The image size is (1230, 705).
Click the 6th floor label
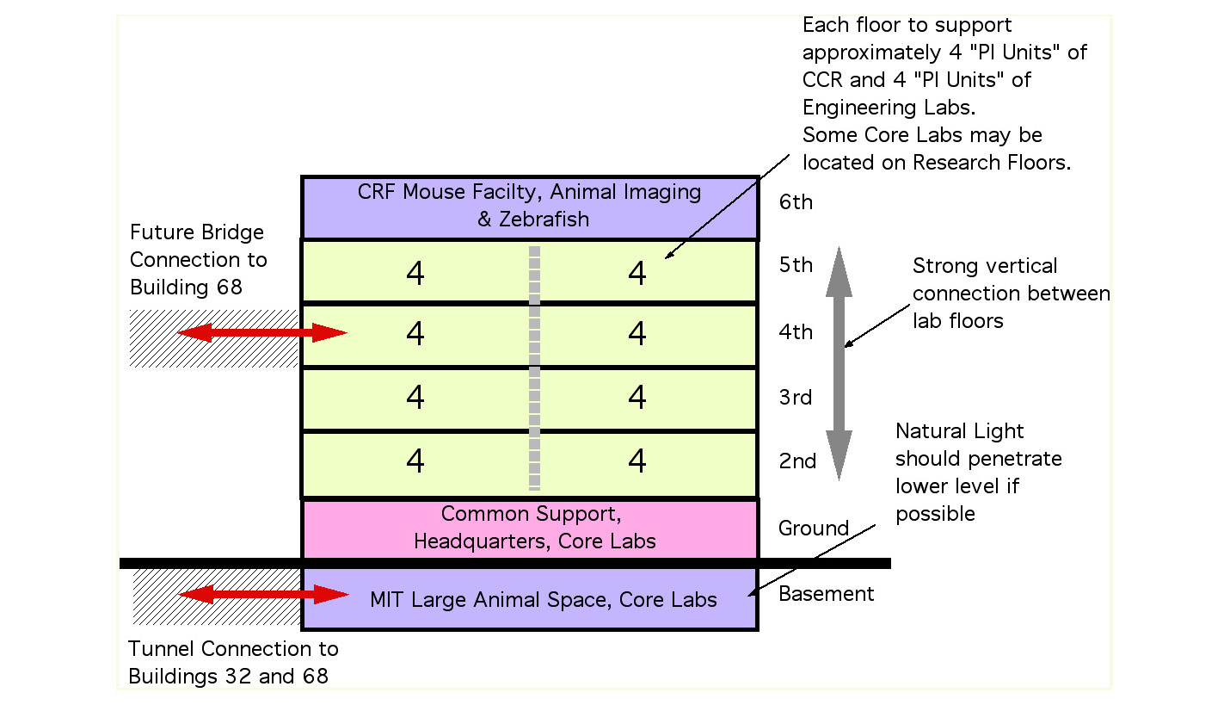pyautogui.click(x=795, y=202)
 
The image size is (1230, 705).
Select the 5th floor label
pyautogui.click(x=795, y=265)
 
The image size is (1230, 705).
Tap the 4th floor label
pyautogui.click(x=795, y=332)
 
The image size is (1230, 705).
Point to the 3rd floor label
pyautogui.click(x=795, y=398)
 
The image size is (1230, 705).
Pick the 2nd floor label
pyautogui.click(x=797, y=461)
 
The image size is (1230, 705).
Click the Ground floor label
pyautogui.click(x=813, y=528)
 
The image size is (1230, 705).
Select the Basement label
pyautogui.click(x=826, y=593)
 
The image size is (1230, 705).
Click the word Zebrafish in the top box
pyautogui.click(x=544, y=220)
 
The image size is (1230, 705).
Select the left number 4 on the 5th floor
pyautogui.click(x=415, y=274)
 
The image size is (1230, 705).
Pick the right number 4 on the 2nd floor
pyautogui.click(x=637, y=461)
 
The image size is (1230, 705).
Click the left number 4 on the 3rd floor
pyautogui.click(x=415, y=398)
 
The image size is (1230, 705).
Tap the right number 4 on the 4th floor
pyautogui.click(x=637, y=333)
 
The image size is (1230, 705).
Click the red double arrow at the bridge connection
pyautogui.click(x=261, y=333)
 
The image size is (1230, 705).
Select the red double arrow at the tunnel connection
pyautogui.click(x=263, y=594)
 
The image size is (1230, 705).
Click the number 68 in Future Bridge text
pyautogui.click(x=228, y=286)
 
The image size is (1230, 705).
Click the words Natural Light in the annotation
pyautogui.click(x=959, y=431)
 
